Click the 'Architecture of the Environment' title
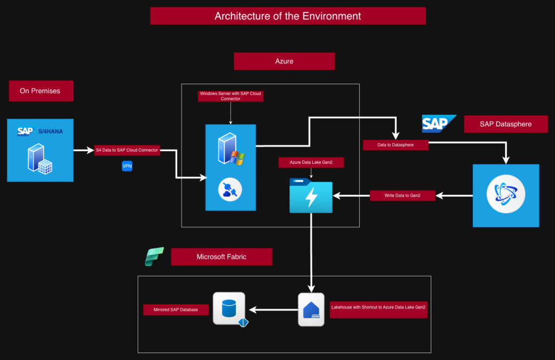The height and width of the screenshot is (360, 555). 288,16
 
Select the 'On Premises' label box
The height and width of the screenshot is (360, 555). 41,91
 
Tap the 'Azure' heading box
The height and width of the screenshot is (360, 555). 284,61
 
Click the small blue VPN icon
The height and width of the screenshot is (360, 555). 127,166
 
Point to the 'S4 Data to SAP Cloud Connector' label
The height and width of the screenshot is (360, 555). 127,150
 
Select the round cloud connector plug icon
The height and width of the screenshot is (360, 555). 230,190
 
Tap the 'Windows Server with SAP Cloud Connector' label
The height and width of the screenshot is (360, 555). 230,96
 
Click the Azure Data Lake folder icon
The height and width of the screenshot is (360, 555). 311,195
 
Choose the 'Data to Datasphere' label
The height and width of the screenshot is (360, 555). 396,145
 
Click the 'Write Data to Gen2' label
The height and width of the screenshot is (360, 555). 403,195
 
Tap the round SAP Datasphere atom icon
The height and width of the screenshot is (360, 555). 505,195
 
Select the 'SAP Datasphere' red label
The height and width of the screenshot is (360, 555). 506,124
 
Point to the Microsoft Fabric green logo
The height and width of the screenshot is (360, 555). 154,256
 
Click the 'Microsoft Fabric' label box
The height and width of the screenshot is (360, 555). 221,256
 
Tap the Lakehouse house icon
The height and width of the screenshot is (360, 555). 311,310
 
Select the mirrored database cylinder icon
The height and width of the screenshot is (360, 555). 229,309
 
